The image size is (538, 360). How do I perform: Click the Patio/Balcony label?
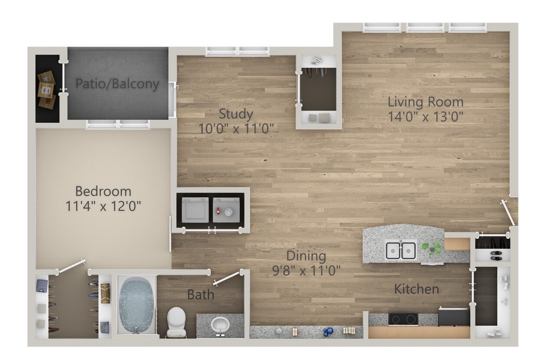[117, 83]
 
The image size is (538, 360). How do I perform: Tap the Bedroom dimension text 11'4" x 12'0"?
[104, 206]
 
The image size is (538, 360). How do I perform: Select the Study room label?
[236, 114]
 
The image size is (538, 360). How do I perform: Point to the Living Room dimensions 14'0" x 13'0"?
[426, 117]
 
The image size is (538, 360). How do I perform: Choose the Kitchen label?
[416, 289]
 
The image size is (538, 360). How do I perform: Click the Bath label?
[200, 295]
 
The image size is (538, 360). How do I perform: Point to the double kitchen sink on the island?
[401, 251]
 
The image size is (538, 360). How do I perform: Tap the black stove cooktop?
[403, 319]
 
